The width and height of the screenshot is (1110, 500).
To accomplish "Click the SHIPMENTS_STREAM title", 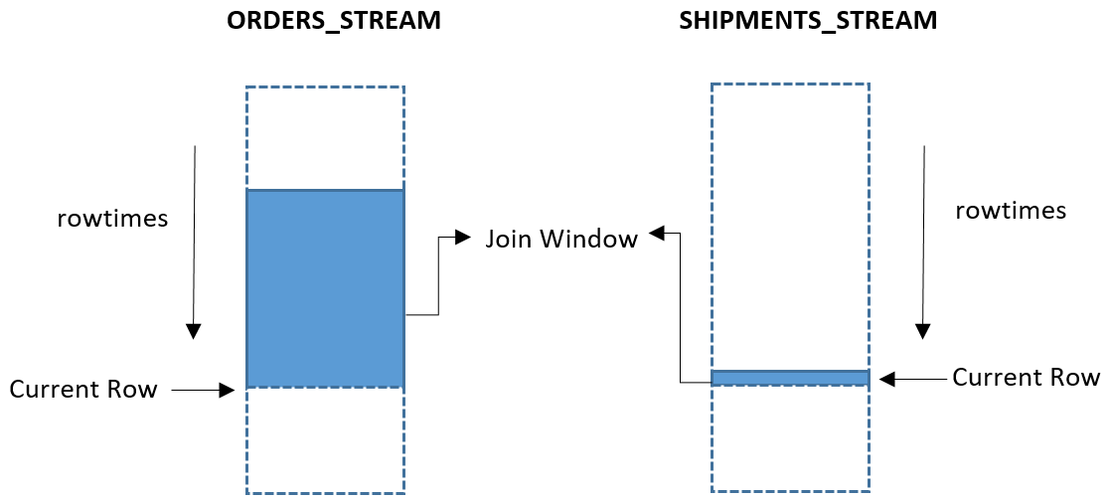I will (x=808, y=21).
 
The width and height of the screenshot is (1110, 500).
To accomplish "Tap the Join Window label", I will (x=560, y=240).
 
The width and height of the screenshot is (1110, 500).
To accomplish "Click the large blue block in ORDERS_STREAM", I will (x=325, y=287).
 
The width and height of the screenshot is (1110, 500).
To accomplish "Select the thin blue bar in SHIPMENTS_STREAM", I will (x=790, y=378).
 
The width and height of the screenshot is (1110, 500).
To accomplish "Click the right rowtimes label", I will (x=1010, y=211).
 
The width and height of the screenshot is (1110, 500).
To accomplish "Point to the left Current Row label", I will (x=83, y=389).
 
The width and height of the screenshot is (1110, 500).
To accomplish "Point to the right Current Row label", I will (x=1026, y=378).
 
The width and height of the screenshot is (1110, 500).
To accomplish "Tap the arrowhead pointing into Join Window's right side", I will (x=657, y=234).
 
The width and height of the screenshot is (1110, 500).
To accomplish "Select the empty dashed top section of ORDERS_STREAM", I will (x=325, y=137).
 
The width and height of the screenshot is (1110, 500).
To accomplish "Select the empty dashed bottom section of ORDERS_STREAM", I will (x=325, y=439).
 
